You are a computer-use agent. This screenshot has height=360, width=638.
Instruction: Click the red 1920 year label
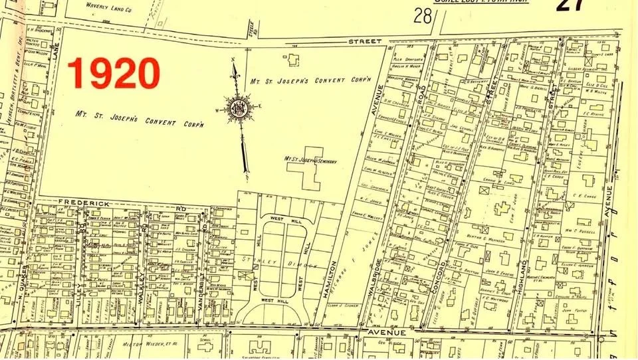[114, 73]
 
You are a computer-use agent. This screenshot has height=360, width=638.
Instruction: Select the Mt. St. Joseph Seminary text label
[311, 160]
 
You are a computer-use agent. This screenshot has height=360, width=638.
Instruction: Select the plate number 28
[422, 16]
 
